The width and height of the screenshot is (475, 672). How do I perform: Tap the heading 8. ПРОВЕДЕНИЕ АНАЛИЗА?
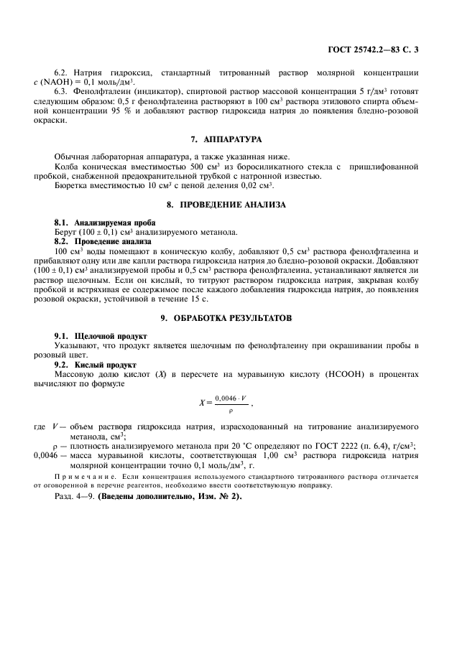(x=237, y=205)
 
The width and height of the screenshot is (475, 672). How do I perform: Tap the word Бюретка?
(x=70, y=185)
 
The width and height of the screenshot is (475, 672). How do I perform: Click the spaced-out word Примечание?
(x=85, y=476)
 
